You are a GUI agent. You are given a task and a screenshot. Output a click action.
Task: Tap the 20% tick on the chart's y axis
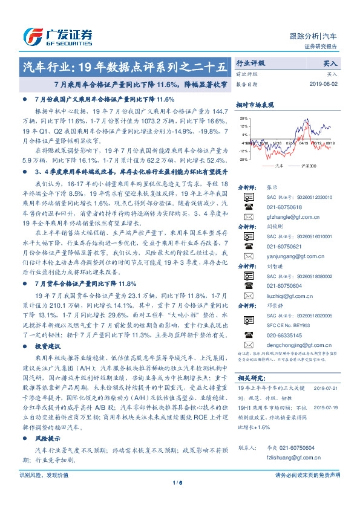tap(243, 118)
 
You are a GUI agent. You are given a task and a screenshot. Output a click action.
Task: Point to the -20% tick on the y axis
tap(242, 160)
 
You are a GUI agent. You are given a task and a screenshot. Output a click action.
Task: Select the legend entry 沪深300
tap(309, 164)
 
